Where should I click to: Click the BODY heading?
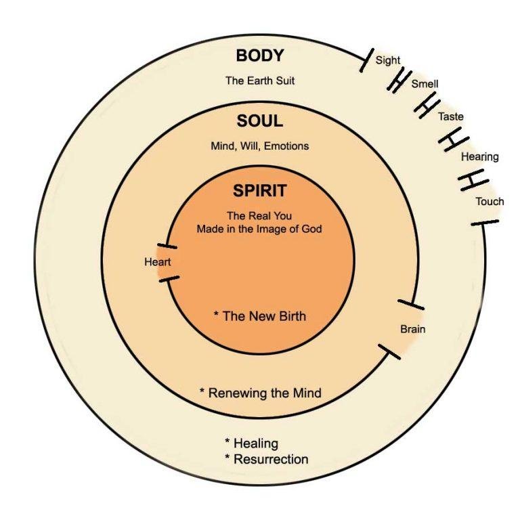[x=260, y=56]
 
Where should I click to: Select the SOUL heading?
[x=260, y=122]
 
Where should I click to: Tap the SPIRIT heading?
[x=260, y=191]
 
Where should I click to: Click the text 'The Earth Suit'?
[x=260, y=81]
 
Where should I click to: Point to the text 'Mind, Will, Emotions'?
[x=260, y=146]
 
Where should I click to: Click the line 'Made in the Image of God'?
[x=259, y=229]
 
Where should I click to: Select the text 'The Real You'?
[x=260, y=216]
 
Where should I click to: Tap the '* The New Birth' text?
[x=259, y=316]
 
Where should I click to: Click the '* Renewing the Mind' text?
[x=260, y=393]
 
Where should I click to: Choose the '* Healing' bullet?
[x=251, y=443]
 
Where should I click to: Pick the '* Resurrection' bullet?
[x=266, y=459]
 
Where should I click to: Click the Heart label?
[x=157, y=262]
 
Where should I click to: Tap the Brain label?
[x=413, y=330]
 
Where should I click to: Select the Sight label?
[x=388, y=60]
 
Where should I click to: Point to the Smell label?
[x=425, y=85]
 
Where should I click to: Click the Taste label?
[x=451, y=116]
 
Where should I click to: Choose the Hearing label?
[x=479, y=157]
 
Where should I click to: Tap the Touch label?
[x=490, y=202]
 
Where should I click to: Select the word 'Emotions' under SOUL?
[x=287, y=146]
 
